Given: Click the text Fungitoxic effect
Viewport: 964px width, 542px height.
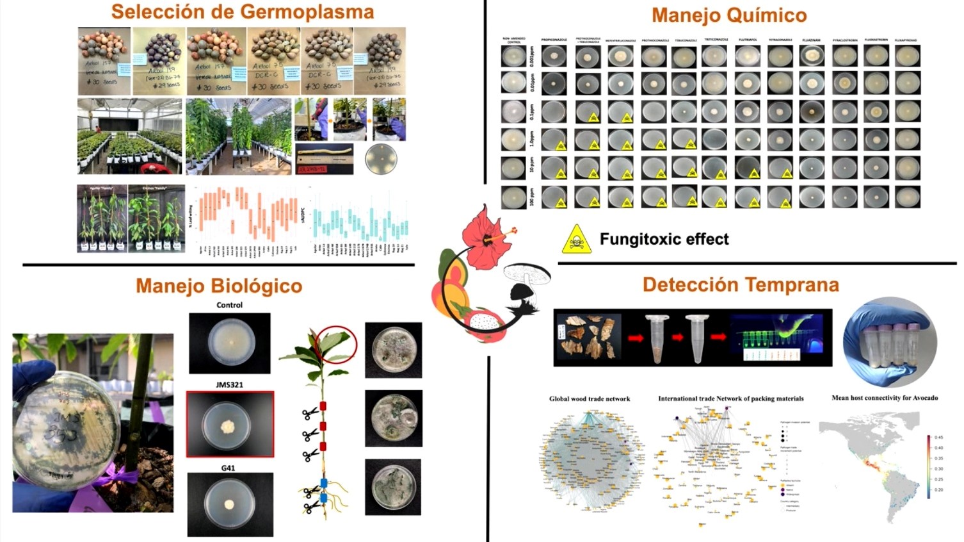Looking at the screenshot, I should pos(664,240).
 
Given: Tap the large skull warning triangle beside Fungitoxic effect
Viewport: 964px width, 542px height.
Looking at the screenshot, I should pos(577,240).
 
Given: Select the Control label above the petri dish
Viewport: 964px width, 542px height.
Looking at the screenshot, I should pos(229,305).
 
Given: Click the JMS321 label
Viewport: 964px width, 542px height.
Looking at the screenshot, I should pos(229,384).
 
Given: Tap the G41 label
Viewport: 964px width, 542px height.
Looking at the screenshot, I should pos(228,468).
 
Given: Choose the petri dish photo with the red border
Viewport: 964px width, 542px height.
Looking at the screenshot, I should pos(230,424).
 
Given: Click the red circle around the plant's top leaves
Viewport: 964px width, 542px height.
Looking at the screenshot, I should pos(336,343).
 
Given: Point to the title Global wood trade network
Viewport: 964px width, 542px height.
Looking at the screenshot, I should pos(589,398).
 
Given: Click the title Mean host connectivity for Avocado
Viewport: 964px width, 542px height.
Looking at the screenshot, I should pos(884,398).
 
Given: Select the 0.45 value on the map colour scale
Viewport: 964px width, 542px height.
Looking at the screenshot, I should pos(938,438).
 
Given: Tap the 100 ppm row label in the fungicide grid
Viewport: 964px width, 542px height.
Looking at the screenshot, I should pos(531,197).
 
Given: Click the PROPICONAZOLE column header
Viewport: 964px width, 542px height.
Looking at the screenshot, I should pos(554,40).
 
